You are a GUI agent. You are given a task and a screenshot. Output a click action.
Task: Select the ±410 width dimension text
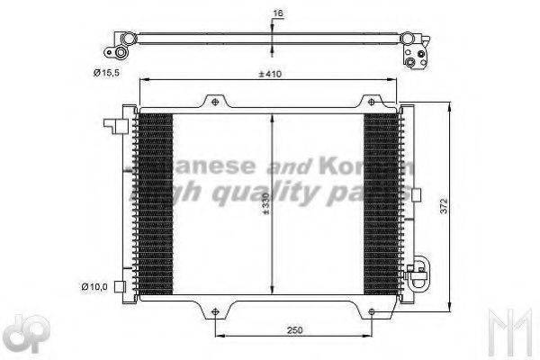coord(270,74)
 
